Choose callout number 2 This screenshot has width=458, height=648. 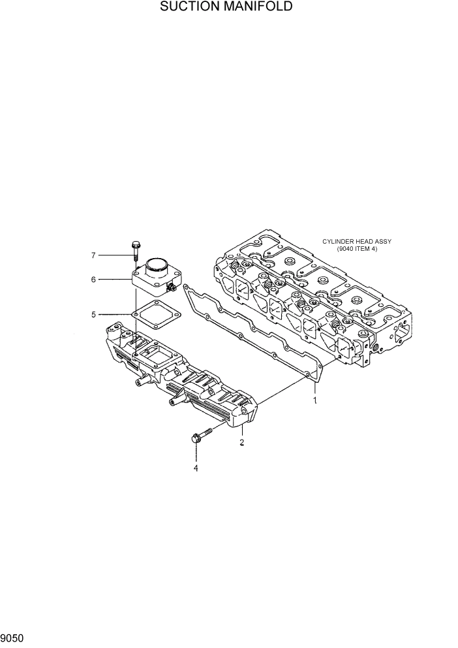[242, 442]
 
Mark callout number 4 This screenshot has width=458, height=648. [194, 467]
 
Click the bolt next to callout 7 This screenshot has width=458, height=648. [136, 251]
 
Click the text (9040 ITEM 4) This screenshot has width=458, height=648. [358, 249]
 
